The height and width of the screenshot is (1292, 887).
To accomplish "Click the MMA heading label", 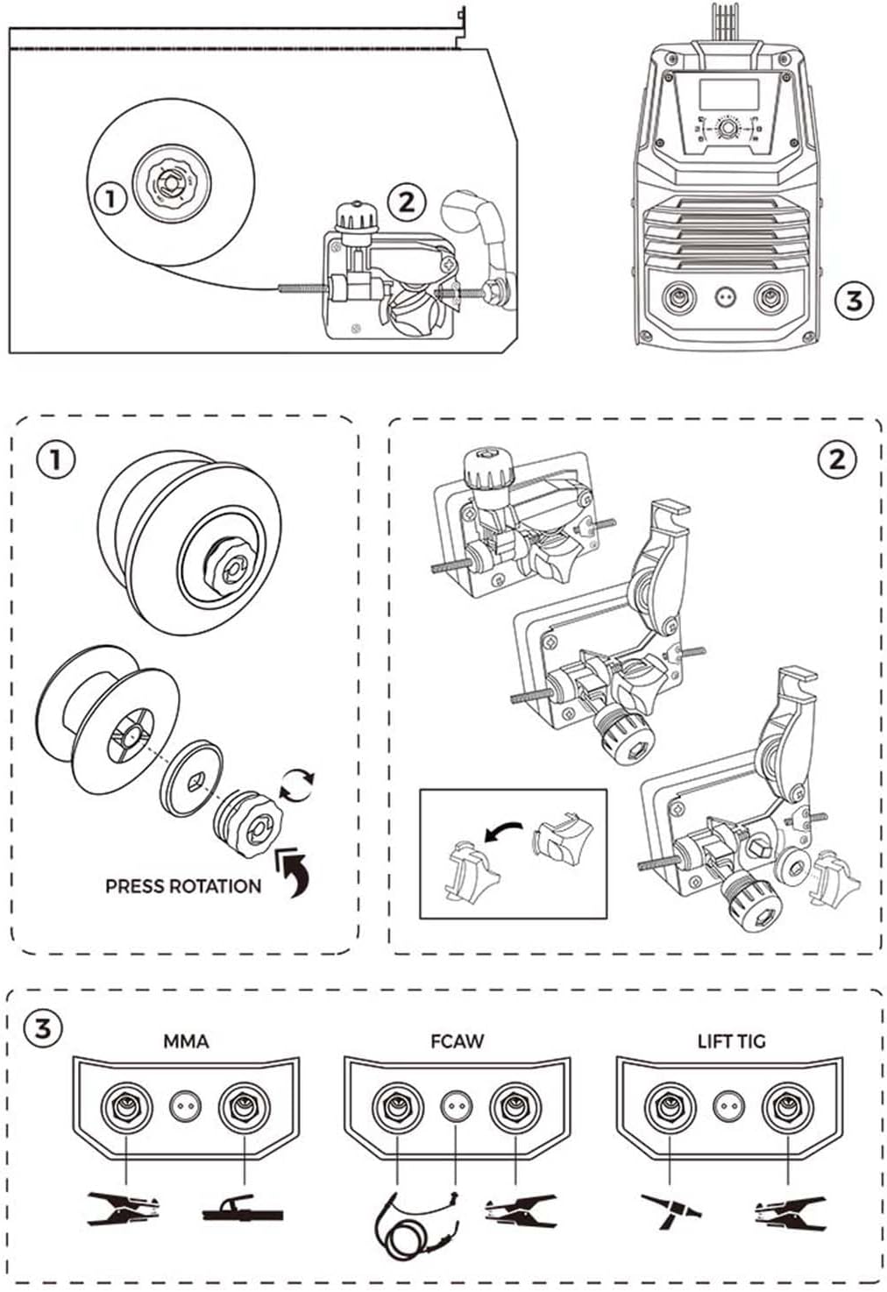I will pyautogui.click(x=186, y=1041).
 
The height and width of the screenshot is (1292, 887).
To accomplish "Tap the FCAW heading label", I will pyautogui.click(x=457, y=1041).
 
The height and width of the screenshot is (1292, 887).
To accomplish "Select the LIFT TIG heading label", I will pyautogui.click(x=731, y=1041).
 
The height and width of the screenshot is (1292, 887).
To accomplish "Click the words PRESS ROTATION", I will pyautogui.click(x=182, y=886).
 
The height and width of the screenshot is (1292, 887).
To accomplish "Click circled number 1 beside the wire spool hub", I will pyautogui.click(x=110, y=198).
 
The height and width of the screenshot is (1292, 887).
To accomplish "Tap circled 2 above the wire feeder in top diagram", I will pyautogui.click(x=406, y=202).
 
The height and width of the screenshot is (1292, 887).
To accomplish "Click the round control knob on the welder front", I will pyautogui.click(x=727, y=130).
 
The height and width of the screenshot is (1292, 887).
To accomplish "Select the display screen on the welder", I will pyautogui.click(x=727, y=94).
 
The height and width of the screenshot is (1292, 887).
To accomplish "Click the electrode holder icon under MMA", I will pyautogui.click(x=243, y=1212).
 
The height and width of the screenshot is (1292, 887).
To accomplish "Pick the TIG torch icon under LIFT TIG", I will pyautogui.click(x=671, y=1210).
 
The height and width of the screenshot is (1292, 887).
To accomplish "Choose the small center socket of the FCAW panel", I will pyautogui.click(x=453, y=1107).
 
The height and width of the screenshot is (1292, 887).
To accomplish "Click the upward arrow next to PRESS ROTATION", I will pyautogui.click(x=294, y=869).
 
